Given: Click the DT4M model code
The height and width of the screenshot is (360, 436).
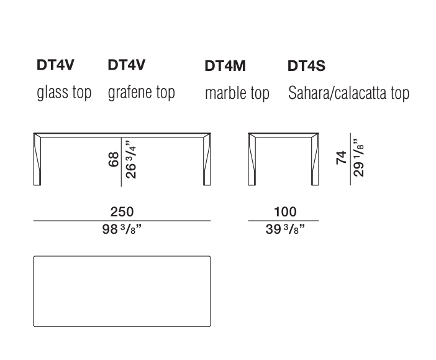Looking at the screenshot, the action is [225, 66].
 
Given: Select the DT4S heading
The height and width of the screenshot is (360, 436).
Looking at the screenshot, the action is [306, 66].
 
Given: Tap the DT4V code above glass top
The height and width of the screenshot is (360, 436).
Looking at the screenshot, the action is [55, 65].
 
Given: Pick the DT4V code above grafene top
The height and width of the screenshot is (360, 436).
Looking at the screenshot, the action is [127, 65].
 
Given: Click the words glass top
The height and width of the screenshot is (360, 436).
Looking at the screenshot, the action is [64, 93].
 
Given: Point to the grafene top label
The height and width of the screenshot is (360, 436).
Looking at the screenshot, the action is [141, 93].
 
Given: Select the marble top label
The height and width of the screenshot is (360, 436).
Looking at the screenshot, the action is [237, 93].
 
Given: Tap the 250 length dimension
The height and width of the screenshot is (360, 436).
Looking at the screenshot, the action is [122, 212].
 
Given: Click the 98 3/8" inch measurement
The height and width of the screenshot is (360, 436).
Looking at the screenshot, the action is [122, 229].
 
